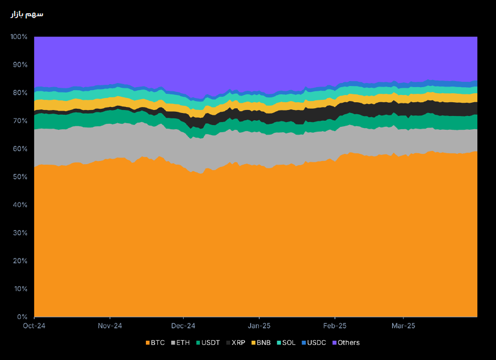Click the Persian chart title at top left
pos(27,14)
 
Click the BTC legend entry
pos(155,343)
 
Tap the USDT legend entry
pos(208,343)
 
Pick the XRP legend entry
pos(236,343)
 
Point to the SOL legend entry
pos(286,343)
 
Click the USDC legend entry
pos(313,343)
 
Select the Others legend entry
pos(346,343)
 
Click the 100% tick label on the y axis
pos(19,37)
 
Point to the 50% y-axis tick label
pos(20,177)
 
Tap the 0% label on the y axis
pos(22,317)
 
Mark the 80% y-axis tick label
pos(20,93)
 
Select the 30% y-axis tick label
pos(20,233)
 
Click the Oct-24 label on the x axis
pos(34,326)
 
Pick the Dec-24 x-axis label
pos(183,326)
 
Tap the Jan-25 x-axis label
pos(259,326)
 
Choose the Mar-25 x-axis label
pos(403,326)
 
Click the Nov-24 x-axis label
pos(110,326)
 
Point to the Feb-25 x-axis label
pos(334,326)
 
